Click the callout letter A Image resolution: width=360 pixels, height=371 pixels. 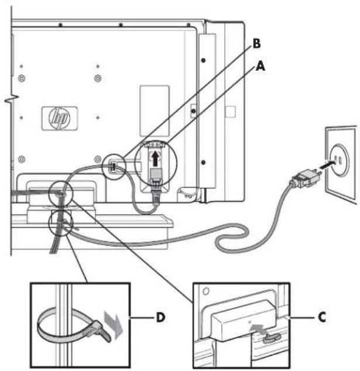pos(260,66)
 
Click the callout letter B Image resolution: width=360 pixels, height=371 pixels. pos(256,43)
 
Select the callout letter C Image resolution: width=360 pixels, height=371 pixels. pos(322,317)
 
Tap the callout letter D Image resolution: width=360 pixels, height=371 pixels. pos(161,317)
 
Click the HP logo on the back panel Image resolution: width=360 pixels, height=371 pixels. pos(59,118)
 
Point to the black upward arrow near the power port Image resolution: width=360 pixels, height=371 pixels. pos(155,159)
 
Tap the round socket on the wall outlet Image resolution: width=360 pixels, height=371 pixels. pos(338,160)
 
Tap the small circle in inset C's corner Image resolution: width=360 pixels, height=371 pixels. pos(205,291)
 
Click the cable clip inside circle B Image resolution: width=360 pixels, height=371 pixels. pos(114,167)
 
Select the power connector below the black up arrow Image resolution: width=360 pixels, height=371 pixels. pos(156,176)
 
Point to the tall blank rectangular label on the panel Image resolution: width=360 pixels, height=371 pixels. pos(155,111)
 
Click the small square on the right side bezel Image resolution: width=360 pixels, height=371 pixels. pos(230,111)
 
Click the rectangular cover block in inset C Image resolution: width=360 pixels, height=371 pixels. pos(244,321)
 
